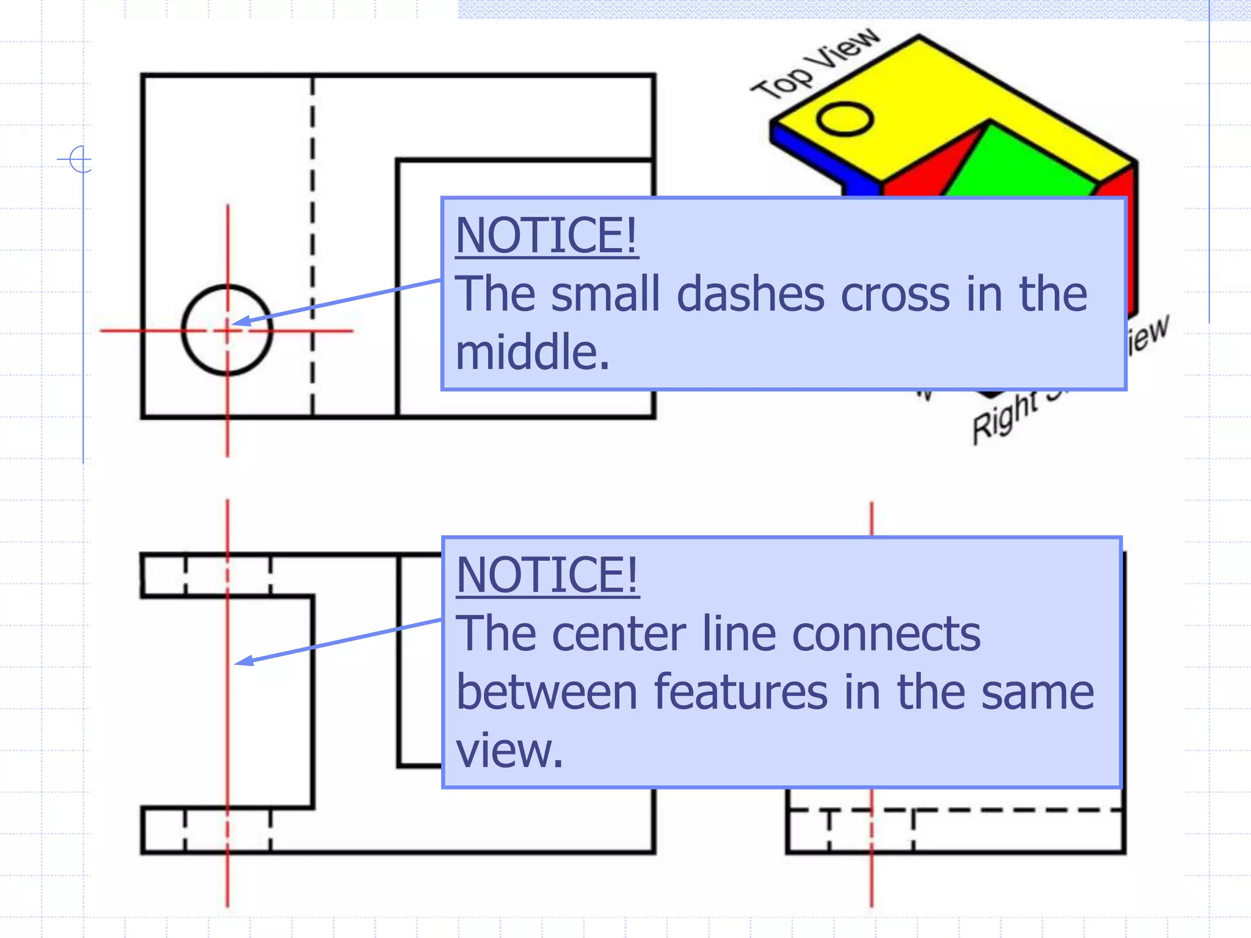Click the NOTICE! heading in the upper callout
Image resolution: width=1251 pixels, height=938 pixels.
[547, 236]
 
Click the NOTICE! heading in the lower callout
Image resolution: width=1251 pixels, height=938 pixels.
[547, 575]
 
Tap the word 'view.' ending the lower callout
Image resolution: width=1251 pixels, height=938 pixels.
[509, 750]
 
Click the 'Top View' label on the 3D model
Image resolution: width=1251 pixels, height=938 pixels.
[815, 64]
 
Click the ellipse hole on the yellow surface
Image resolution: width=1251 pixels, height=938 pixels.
[845, 119]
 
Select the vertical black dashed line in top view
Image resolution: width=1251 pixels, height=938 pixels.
[313, 244]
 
